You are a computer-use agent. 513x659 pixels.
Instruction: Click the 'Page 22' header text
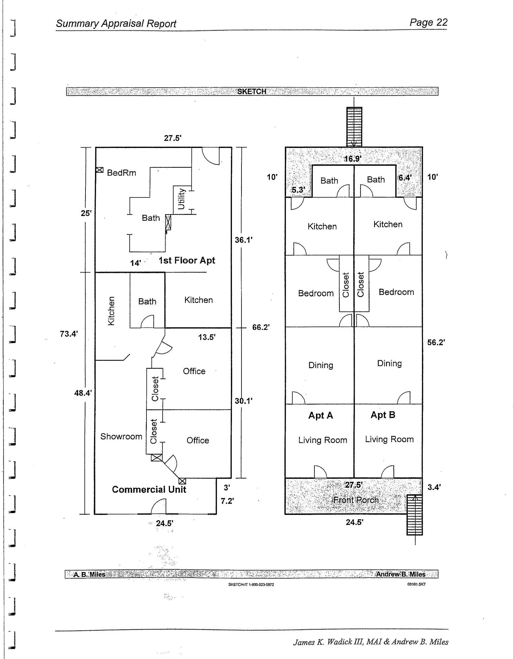pos(428,22)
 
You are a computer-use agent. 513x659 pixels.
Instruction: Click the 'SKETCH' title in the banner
pos(252,91)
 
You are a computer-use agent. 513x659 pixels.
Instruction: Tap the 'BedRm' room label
pos(121,173)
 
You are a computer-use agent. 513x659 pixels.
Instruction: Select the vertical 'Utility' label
pos(181,199)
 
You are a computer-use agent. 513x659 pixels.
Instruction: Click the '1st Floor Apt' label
pos(187,260)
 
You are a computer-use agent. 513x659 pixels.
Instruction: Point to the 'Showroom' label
pos(121,436)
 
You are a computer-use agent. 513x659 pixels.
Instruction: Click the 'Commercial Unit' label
pos(149,489)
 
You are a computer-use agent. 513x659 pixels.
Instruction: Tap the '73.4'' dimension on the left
pos(69,334)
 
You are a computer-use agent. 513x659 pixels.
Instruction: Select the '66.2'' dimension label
pos(261,327)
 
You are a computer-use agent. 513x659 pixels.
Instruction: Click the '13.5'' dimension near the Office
pos(207,337)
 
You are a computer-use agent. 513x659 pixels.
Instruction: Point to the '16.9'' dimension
pos(353,159)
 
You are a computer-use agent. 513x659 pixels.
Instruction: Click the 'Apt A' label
pos(321,415)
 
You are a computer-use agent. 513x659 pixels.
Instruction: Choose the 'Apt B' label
pos(383,415)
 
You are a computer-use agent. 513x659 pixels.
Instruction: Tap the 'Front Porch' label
pos(356,500)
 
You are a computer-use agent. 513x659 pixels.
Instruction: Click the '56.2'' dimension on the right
pos(436,342)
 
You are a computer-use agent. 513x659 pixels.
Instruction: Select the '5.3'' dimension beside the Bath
pos(298,190)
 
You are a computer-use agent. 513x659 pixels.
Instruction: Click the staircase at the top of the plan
pos(354,127)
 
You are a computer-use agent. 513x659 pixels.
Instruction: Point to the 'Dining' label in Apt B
pos(389,363)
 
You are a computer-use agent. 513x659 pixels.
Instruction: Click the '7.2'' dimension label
pos(227,501)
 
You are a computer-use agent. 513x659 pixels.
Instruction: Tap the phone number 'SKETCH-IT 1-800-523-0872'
pos(251,585)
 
